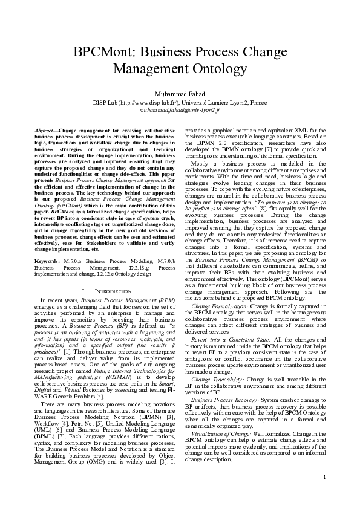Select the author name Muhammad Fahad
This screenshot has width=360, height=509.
coord(180,94)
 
